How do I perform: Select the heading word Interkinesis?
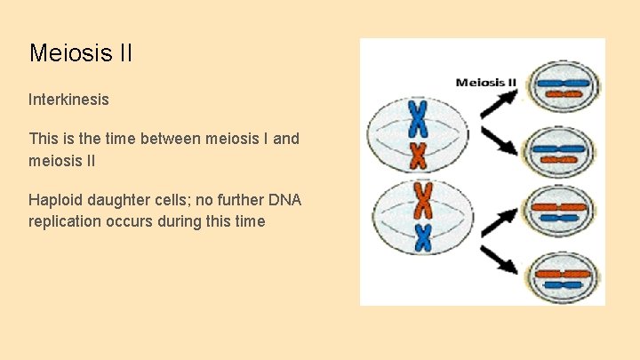[x=68, y=100]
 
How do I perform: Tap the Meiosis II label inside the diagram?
[x=485, y=83]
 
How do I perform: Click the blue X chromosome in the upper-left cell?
[x=418, y=117]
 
